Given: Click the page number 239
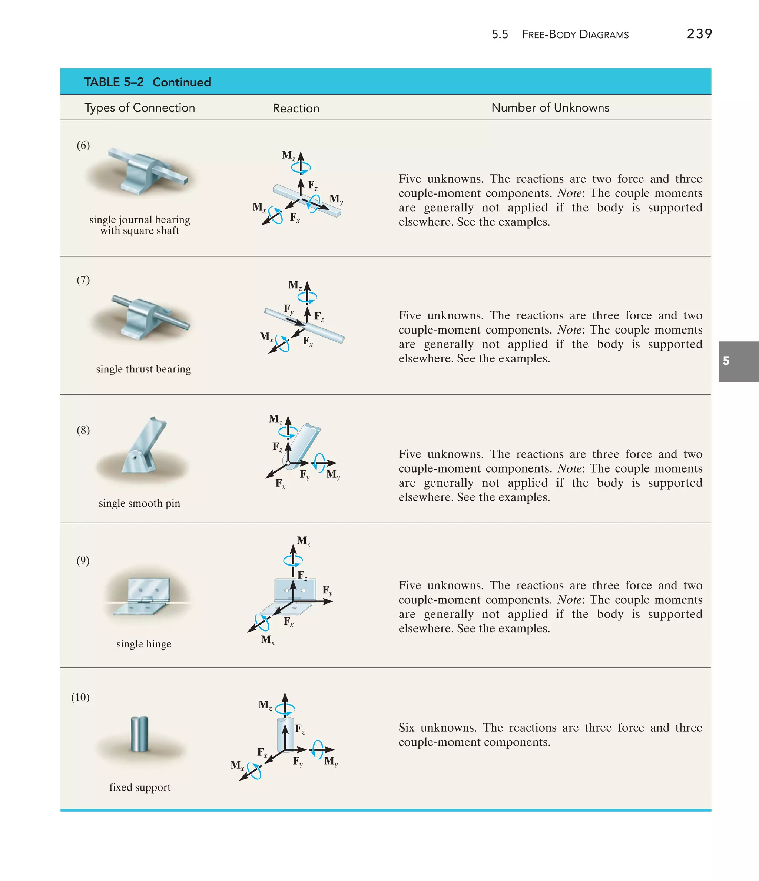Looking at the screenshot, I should (x=699, y=34).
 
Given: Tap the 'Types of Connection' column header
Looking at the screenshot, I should (x=139, y=107).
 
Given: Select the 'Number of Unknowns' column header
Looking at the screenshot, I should (x=550, y=107).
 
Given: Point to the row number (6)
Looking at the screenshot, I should (x=83, y=145).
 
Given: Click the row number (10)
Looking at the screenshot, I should (x=80, y=697).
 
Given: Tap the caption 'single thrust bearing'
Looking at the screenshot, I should (x=143, y=369).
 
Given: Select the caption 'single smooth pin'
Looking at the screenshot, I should (x=139, y=503).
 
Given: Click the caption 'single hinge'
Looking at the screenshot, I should (x=144, y=644).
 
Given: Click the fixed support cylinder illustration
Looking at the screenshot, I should (x=139, y=734).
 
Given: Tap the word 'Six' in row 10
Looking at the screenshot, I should (x=406, y=728).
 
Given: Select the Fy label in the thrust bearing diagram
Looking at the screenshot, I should (x=289, y=309).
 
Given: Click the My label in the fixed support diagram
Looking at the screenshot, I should (x=331, y=761).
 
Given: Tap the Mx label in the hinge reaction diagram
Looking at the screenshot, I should (x=268, y=639).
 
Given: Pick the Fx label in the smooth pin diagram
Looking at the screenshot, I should (x=280, y=483).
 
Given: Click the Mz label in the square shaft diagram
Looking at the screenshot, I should (x=288, y=155).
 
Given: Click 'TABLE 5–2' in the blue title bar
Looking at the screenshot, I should (x=114, y=82).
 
